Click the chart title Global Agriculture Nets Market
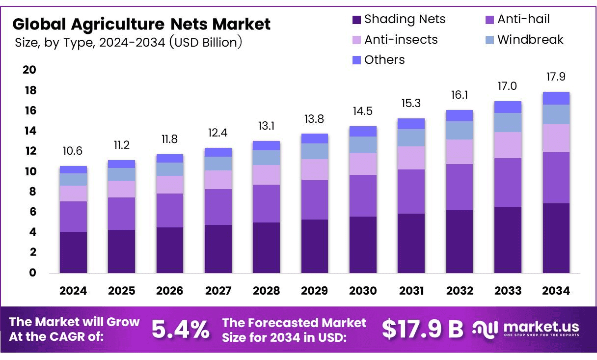[141, 24]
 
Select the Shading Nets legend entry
[399, 20]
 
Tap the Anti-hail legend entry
[517, 20]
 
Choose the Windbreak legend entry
[524, 40]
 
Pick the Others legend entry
[379, 60]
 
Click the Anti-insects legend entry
[395, 40]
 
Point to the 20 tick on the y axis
[29, 70]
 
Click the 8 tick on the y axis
[32, 192]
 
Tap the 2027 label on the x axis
[218, 291]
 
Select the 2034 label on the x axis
[556, 291]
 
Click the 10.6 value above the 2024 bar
[73, 151]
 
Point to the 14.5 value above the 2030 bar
[363, 111]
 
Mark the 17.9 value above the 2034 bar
[556, 77]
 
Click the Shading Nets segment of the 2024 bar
[73, 252]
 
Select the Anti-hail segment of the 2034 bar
[556, 177]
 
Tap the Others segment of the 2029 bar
[314, 138]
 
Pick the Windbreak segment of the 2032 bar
[459, 130]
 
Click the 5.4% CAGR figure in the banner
[180, 330]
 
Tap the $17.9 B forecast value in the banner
[422, 330]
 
